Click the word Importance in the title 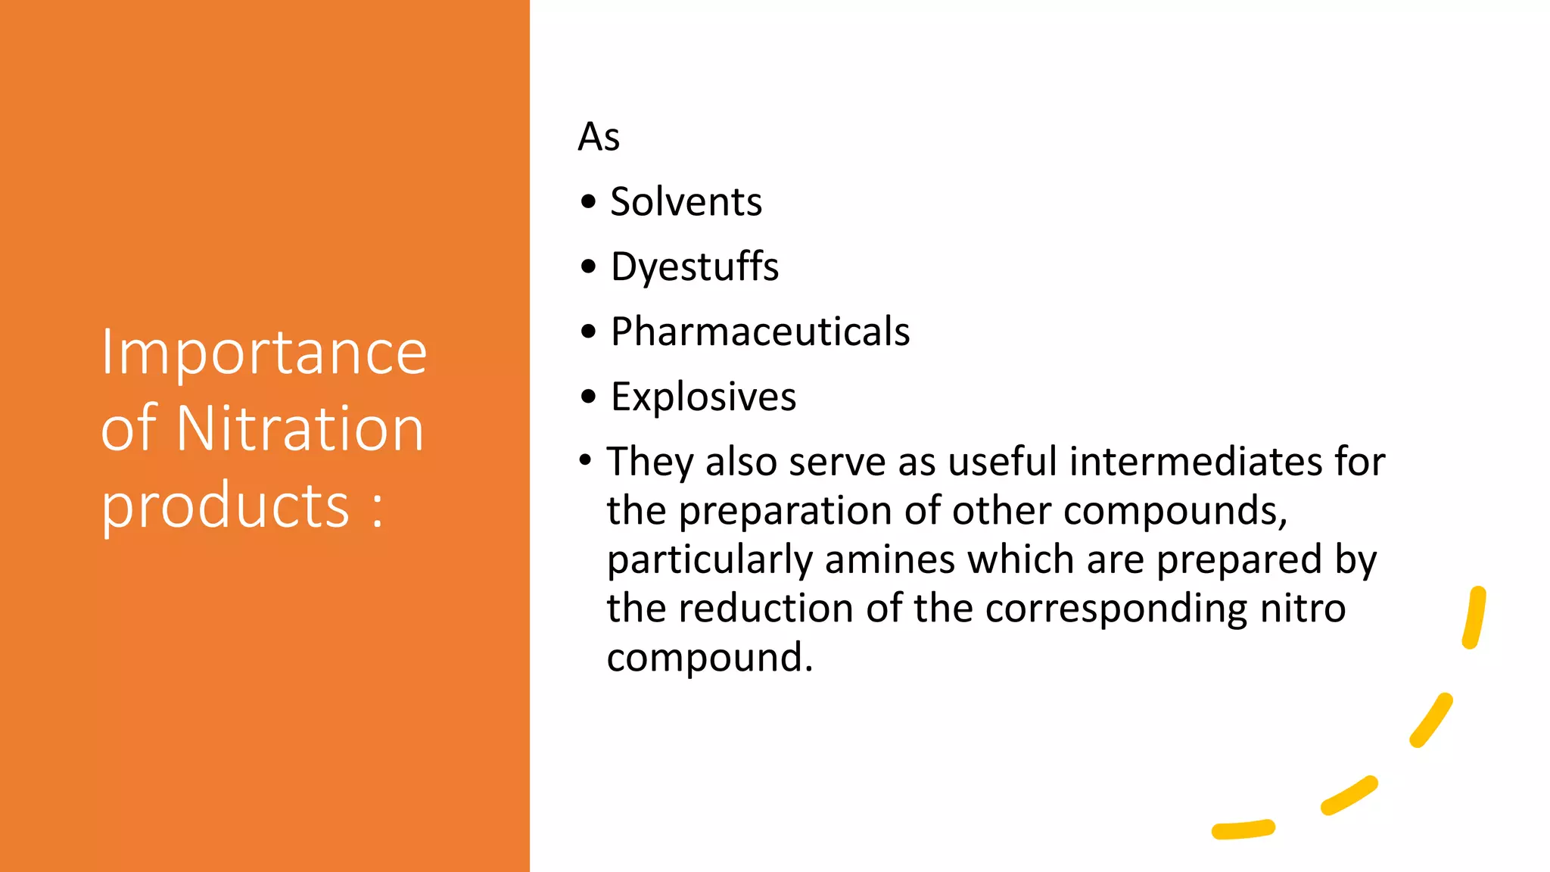(263, 353)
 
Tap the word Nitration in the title (300, 428)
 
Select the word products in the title (226, 506)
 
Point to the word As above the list (599, 137)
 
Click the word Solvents (686, 202)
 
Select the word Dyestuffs (694, 267)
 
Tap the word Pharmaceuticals (760, 332)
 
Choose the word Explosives (703, 397)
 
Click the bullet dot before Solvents (588, 202)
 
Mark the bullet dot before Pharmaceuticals (588, 332)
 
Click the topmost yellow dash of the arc (1474, 618)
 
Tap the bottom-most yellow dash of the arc (1243, 830)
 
